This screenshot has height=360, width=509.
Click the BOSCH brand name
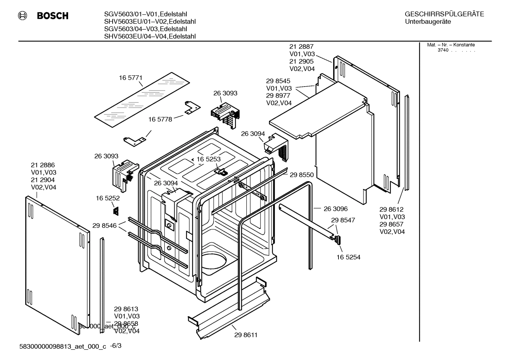pos(53,16)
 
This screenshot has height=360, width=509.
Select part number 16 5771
pos(130,78)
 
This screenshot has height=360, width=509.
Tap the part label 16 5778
pos(160,119)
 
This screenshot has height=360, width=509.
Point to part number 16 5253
pos(208,159)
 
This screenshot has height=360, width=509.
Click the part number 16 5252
pos(108,199)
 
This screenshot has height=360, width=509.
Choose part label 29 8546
pos(104,226)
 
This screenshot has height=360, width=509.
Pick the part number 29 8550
pos(301,175)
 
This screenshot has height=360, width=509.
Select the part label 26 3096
pos(335,209)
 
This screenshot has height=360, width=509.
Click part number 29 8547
pos(343,220)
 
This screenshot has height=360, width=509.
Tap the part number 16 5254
pos(348,257)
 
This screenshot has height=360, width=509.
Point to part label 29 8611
pos(246,335)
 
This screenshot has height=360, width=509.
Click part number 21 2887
pos(301,47)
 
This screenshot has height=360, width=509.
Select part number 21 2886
pos(43,165)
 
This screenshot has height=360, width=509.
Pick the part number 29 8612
pos(391,209)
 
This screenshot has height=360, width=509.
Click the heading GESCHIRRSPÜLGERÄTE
pos(444,14)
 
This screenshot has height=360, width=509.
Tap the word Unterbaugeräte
pos(428,22)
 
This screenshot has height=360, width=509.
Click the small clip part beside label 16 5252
pos(115,211)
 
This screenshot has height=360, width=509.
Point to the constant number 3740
pos(443,50)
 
